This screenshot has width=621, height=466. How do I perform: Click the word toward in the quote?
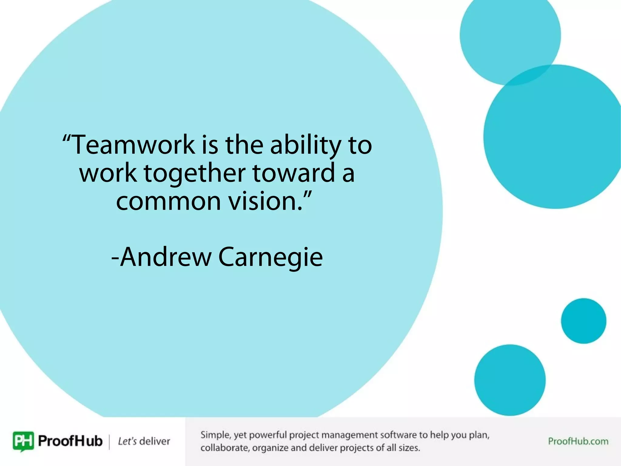point(294,173)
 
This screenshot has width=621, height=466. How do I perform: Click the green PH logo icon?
point(23,441)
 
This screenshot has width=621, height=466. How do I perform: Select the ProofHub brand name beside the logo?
point(70,441)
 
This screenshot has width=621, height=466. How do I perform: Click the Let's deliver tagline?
point(144,441)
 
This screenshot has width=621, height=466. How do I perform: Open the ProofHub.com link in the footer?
point(578,441)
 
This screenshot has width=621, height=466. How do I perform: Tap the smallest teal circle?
point(583,321)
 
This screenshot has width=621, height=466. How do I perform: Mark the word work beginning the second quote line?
point(108,173)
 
